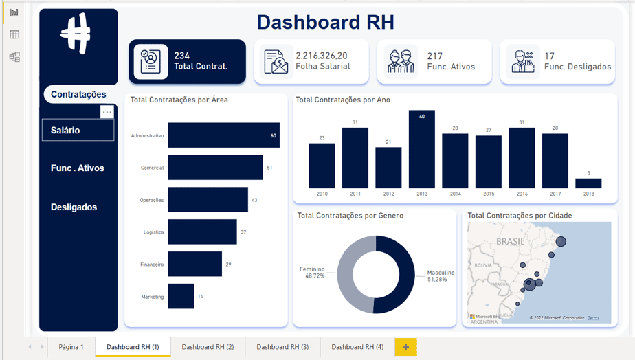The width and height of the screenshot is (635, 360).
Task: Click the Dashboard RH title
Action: [326, 22]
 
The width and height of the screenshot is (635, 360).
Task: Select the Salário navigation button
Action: [78, 130]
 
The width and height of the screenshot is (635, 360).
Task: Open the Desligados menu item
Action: [74, 207]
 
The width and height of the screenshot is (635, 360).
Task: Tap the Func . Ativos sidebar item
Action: [78, 168]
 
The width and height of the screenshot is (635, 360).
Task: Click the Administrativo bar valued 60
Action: [223, 135]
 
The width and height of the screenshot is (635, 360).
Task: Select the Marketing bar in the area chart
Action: [181, 297]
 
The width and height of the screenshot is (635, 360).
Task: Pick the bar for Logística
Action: [202, 232]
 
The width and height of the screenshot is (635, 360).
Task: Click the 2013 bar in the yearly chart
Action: [421, 150]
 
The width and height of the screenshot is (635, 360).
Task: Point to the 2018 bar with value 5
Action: [588, 183]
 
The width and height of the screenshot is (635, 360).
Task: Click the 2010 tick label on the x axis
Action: [322, 194]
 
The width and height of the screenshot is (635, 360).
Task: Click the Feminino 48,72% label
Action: [311, 272]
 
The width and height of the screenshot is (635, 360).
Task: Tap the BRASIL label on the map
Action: [510, 242]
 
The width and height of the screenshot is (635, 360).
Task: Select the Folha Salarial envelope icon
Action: [276, 62]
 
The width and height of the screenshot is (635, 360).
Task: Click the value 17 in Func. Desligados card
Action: [549, 56]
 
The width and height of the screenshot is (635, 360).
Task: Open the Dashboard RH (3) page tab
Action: [282, 347]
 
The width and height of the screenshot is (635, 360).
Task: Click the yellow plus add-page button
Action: [405, 347]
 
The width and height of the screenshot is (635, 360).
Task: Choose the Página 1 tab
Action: [71, 347]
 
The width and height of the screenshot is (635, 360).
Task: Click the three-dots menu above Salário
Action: [107, 112]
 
